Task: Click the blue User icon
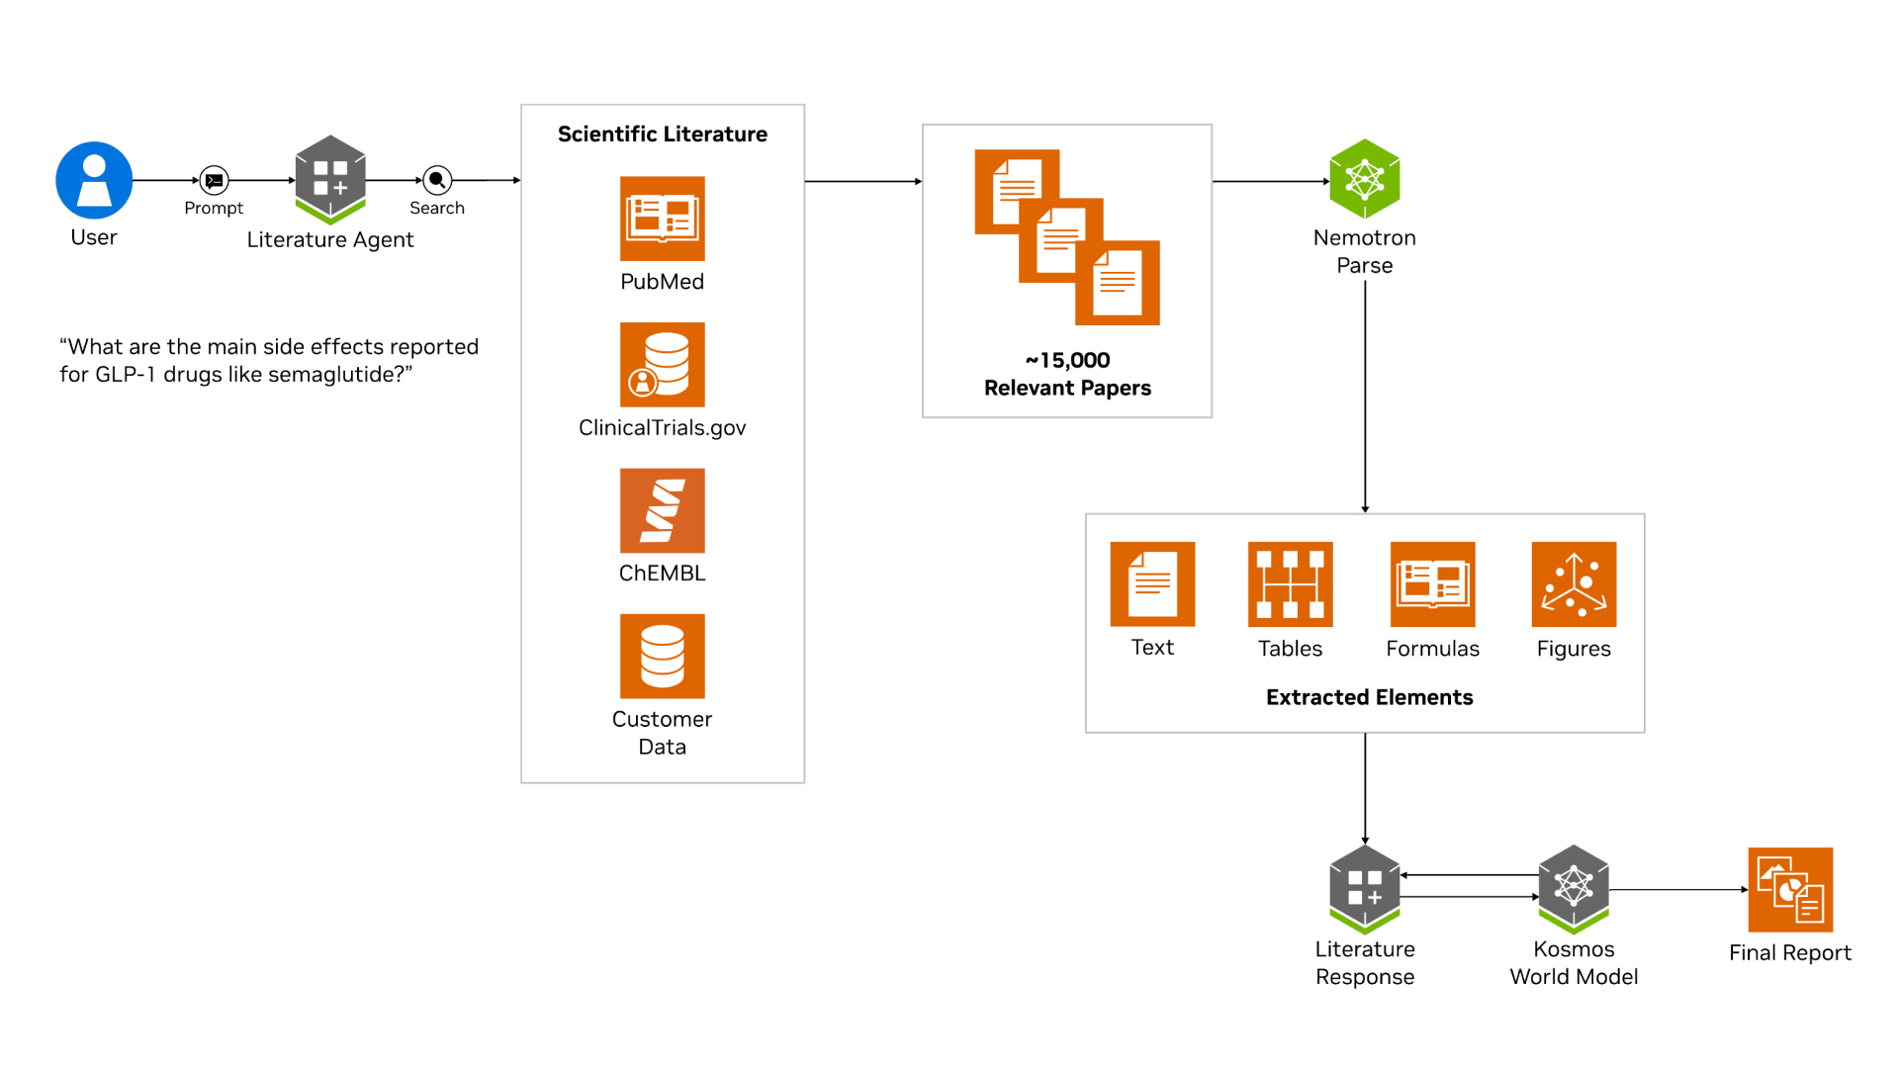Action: click(94, 180)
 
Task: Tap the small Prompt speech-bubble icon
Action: click(214, 180)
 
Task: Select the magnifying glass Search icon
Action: click(437, 180)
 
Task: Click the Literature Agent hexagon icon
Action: click(330, 179)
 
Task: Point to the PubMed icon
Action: click(662, 219)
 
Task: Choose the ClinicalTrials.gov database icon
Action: click(662, 365)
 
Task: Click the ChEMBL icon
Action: click(662, 510)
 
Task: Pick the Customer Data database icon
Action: click(662, 657)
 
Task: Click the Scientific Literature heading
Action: click(662, 134)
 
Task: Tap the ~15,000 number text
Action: click(1067, 360)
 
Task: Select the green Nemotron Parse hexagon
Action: click(1364, 179)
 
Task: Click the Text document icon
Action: click(1152, 584)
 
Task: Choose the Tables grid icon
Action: click(1290, 584)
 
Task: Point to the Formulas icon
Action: click(1432, 584)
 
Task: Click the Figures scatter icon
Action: click(1574, 584)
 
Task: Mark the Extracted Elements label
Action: click(1369, 697)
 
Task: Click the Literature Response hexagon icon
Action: click(1364, 888)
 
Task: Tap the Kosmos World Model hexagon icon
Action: click(1574, 888)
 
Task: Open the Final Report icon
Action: click(1790, 890)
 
